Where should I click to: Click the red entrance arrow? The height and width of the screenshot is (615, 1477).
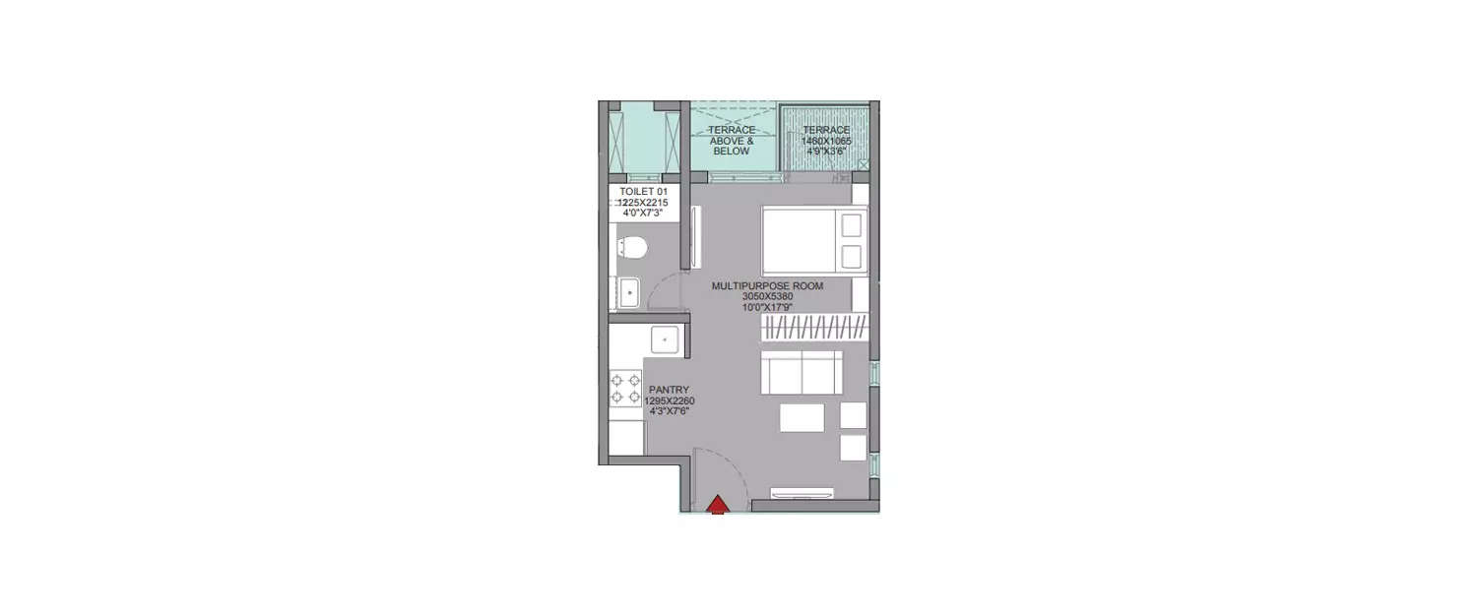tap(718, 505)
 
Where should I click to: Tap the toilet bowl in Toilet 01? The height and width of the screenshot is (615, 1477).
tap(631, 248)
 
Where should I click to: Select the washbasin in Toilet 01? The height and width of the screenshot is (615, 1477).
tap(628, 291)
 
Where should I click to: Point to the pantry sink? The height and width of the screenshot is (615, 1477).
tap(666, 340)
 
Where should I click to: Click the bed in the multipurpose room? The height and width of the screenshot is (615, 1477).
tap(813, 241)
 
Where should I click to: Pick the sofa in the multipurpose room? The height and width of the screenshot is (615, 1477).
tap(802, 372)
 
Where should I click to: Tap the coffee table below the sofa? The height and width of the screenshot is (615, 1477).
tap(802, 417)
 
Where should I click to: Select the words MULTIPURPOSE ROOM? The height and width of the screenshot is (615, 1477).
tap(767, 286)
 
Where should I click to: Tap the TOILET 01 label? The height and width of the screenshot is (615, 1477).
tap(643, 191)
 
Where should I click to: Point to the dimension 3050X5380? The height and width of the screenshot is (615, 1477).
tap(767, 296)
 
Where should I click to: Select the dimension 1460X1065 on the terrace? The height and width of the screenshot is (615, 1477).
tap(825, 141)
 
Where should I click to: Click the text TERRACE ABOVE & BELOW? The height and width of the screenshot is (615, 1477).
tap(732, 141)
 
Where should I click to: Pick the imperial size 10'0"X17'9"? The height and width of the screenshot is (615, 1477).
tap(767, 307)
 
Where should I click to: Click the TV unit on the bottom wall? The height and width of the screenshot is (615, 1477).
tap(802, 492)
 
